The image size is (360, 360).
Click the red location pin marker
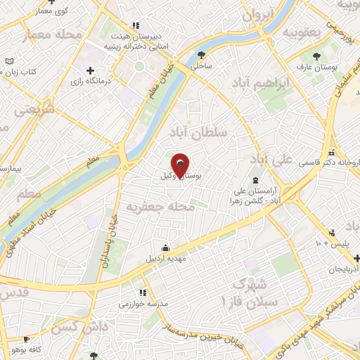[181, 165]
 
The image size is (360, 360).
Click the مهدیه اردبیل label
[165, 259]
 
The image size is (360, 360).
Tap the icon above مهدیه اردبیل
[165, 247]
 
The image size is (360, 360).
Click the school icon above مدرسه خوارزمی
[143, 292]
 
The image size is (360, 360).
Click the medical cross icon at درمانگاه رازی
[91, 71]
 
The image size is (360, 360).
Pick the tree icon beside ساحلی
[203, 54]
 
